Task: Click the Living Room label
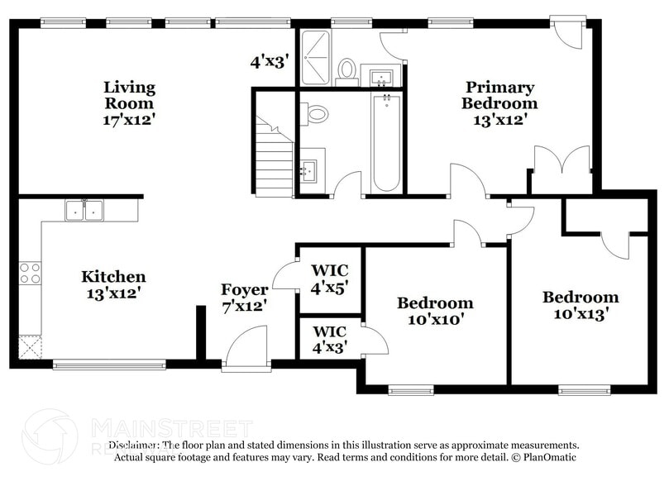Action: (x=129, y=103)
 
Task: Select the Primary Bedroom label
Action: (x=499, y=103)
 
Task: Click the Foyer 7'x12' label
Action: (x=244, y=297)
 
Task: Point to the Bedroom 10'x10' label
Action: (x=435, y=311)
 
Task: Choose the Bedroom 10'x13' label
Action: (x=580, y=305)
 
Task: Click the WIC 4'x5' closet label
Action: (x=329, y=279)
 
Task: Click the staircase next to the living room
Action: (x=275, y=157)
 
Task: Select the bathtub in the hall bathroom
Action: (x=386, y=143)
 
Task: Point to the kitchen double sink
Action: (x=84, y=211)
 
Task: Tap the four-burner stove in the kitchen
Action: (x=30, y=273)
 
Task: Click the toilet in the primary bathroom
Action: (x=347, y=69)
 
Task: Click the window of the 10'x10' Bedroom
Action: (x=411, y=389)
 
